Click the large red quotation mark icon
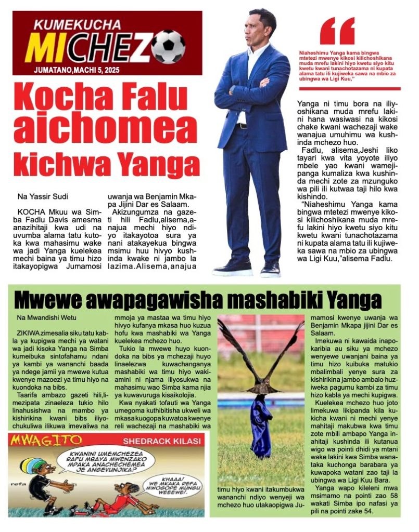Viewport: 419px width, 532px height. pos(337,32)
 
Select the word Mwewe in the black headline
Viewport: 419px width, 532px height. pos(50,300)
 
